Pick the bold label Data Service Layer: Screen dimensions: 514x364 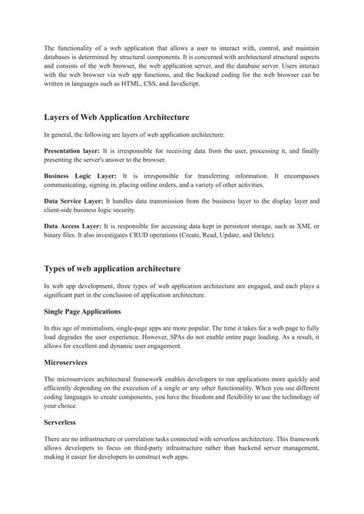(76, 200)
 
